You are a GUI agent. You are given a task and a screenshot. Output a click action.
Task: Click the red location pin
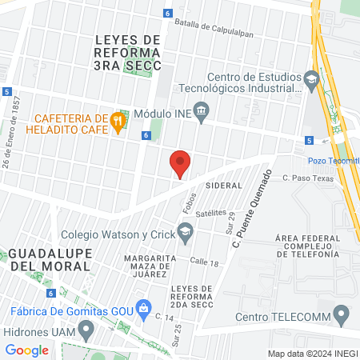(x=181, y=163)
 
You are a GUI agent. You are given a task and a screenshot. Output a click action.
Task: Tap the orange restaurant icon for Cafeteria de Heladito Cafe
(x=118, y=122)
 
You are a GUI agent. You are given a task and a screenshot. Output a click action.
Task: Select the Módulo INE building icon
(x=201, y=113)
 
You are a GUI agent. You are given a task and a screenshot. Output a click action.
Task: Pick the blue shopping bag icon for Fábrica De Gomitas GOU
(x=144, y=307)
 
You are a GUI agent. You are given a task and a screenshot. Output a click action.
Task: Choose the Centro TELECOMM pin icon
(x=342, y=313)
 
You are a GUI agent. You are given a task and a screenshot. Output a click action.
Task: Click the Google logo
(x=26, y=350)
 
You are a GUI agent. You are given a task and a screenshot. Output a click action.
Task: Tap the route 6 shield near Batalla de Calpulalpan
(x=167, y=14)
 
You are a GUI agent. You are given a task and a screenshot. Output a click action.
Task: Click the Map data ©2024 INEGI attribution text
(x=312, y=353)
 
